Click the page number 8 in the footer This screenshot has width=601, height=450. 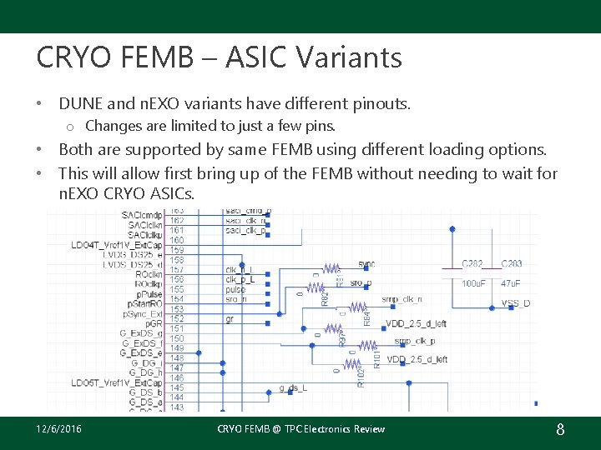click(560, 429)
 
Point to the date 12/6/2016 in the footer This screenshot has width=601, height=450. click(59, 429)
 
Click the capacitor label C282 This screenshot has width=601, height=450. click(472, 264)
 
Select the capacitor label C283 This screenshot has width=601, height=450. click(512, 264)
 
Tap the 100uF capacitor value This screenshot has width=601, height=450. click(473, 284)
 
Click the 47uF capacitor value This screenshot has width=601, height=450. click(512, 284)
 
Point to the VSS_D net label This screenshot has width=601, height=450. click(515, 303)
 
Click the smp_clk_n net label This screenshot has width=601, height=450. click(402, 298)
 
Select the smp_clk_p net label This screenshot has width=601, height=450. click(414, 341)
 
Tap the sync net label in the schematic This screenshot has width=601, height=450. click(366, 264)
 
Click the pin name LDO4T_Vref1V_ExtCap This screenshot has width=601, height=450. click(116, 245)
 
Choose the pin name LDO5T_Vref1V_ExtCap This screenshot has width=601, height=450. click(116, 382)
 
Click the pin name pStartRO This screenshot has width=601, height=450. click(144, 304)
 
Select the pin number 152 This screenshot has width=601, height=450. click(177, 319)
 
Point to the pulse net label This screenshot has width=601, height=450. click(236, 289)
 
